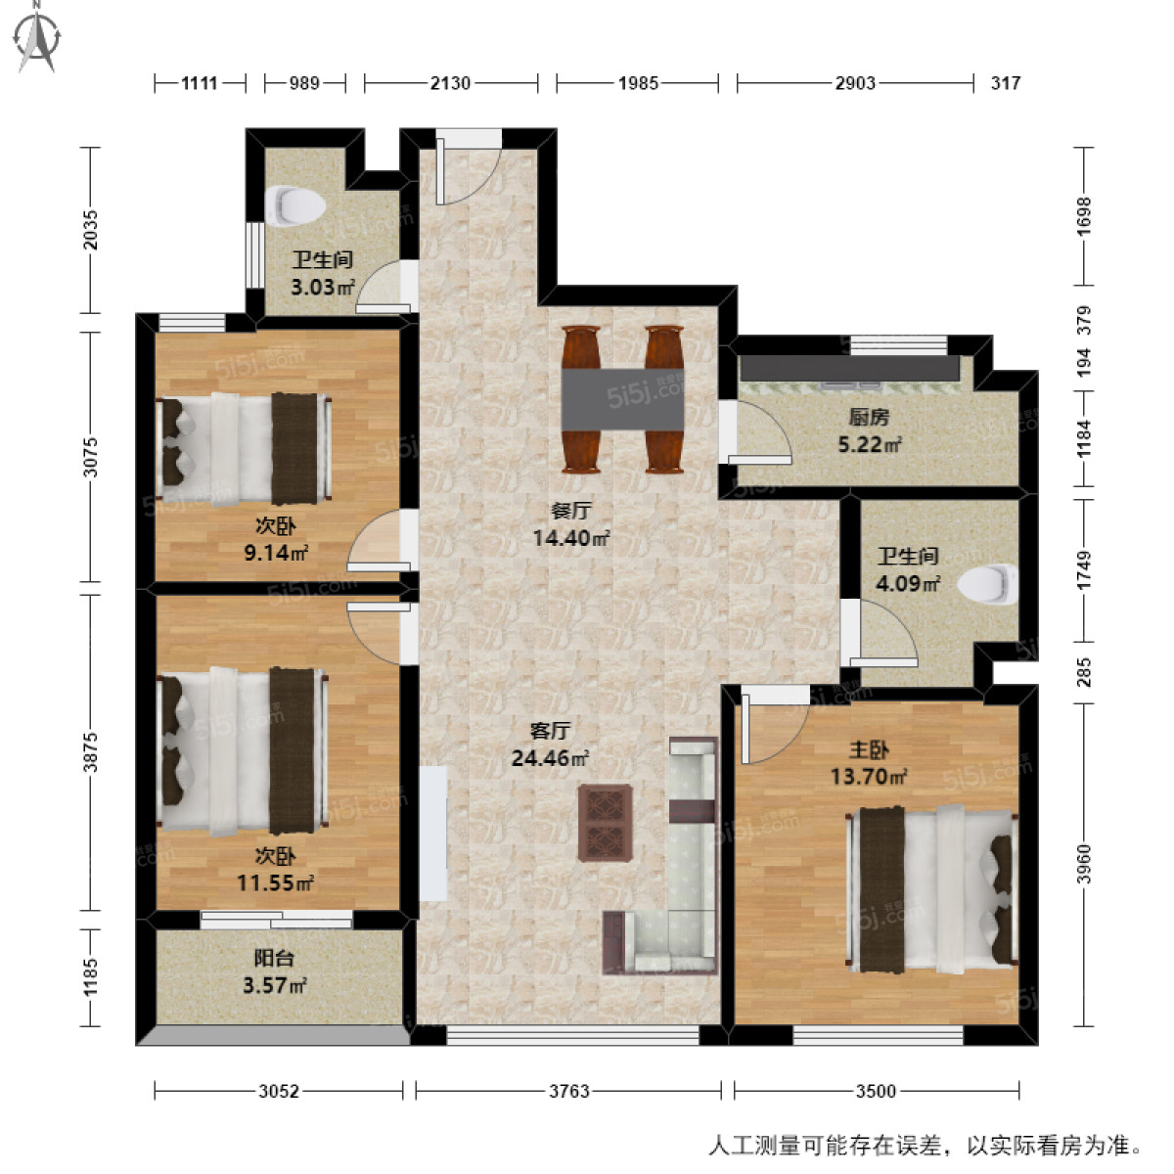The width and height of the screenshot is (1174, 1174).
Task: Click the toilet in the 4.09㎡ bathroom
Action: [987, 584]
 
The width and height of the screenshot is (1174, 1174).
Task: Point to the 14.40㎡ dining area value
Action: [571, 538]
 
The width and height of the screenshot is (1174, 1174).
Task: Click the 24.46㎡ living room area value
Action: [550, 758]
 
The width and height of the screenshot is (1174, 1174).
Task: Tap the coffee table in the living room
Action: [605, 822]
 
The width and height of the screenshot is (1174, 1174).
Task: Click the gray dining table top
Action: [623, 400]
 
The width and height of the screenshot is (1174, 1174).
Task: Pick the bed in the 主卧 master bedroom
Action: [934, 888]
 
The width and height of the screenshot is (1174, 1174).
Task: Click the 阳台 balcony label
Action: [274, 959]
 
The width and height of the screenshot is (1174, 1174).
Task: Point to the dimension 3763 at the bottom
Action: [568, 1091]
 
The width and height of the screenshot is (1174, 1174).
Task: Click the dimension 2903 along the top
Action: [855, 83]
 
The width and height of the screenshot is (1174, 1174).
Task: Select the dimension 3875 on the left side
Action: [90, 752]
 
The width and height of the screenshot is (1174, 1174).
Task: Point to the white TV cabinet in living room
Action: [433, 834]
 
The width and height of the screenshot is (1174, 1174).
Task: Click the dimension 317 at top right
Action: [1005, 83]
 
